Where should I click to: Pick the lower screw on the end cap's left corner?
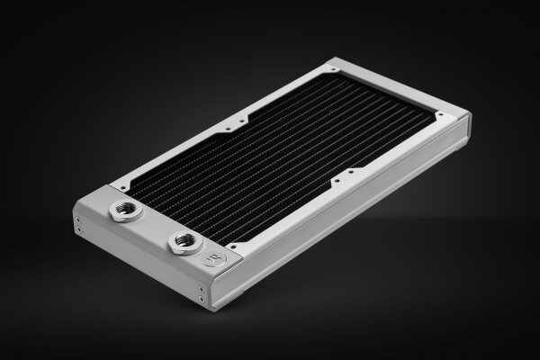pos(78,232)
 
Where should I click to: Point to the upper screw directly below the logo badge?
pos(201,289)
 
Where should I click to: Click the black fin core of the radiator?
pos(288,153)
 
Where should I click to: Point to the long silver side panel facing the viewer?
pos(360,211)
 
